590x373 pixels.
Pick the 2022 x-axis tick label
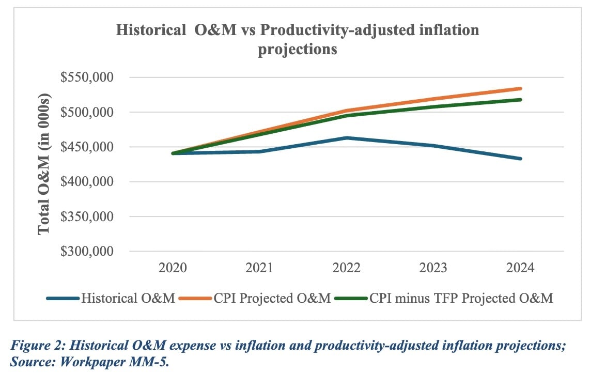click(347, 268)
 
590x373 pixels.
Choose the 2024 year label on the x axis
click(520, 268)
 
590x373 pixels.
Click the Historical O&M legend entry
click(128, 298)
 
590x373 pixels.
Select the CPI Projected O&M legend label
click(272, 298)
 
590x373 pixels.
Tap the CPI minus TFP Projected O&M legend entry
click(460, 298)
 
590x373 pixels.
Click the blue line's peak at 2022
click(347, 137)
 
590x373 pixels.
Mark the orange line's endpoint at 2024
click(520, 88)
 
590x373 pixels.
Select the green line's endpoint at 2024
click(520, 100)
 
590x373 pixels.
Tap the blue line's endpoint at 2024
click(520, 159)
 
